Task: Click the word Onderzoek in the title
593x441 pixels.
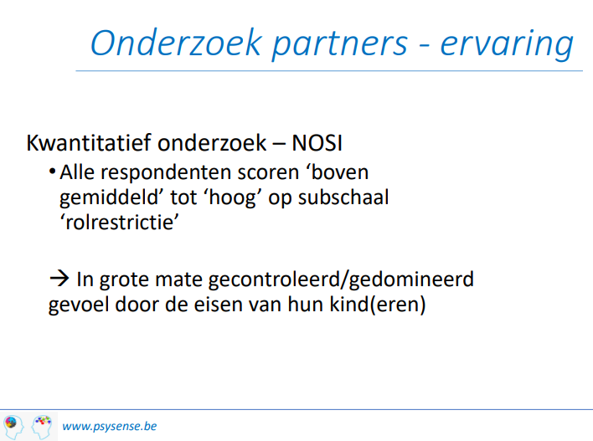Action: [x=176, y=43]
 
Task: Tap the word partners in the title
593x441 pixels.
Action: [x=339, y=45]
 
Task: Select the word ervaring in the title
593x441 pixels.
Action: [x=507, y=44]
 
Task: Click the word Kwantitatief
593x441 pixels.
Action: [x=89, y=143]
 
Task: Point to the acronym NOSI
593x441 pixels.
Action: [x=317, y=143]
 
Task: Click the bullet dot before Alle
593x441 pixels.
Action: [x=53, y=172]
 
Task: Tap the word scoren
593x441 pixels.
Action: [x=268, y=173]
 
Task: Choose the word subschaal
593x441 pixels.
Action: [x=343, y=197]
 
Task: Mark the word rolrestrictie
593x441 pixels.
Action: [x=120, y=223]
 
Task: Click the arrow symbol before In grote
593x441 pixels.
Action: [x=59, y=279]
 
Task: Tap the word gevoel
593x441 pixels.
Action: [x=79, y=305]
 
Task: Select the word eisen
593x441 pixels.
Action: [x=218, y=305]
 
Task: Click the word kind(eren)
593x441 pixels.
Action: [x=378, y=305]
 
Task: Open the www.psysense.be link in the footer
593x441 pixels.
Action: [x=109, y=427]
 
